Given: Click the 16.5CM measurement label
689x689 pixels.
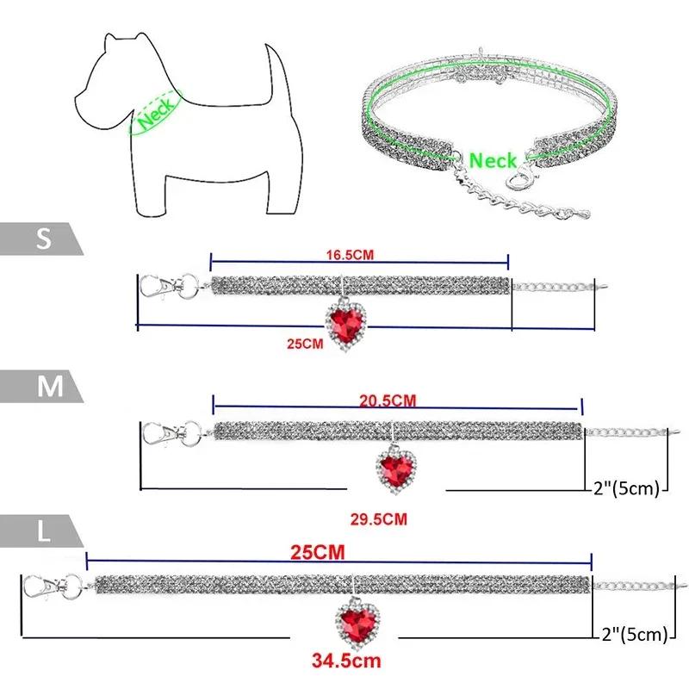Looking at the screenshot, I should click(356, 255).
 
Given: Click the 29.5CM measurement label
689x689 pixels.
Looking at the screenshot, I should click(378, 518).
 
